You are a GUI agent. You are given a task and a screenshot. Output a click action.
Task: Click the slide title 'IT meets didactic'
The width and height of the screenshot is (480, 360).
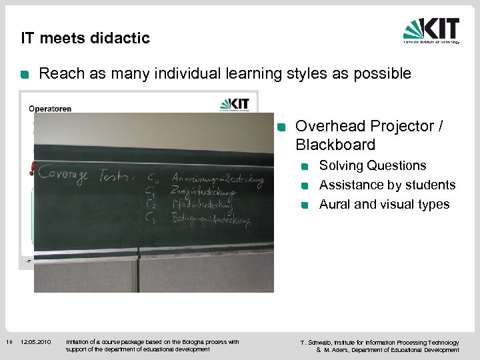click(x=85, y=39)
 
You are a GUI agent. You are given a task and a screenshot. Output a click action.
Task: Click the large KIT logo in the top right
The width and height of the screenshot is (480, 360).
click(x=431, y=31)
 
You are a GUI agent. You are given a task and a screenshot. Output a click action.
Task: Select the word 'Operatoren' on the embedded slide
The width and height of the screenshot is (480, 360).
click(x=50, y=109)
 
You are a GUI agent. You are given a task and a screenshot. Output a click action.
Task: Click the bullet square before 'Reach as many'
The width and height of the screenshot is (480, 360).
click(x=25, y=75)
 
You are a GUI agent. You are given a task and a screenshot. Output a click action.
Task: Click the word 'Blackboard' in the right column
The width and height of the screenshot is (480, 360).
click(x=335, y=145)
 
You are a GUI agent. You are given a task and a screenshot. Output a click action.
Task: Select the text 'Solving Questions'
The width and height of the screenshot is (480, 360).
click(x=373, y=165)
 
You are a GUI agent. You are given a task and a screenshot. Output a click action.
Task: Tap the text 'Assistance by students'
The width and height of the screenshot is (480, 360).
click(x=387, y=185)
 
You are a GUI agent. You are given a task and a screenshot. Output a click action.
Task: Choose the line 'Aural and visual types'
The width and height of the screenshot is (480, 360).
click(x=384, y=204)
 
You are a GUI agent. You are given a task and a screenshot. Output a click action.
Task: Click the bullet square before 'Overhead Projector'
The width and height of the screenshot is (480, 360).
click(x=281, y=127)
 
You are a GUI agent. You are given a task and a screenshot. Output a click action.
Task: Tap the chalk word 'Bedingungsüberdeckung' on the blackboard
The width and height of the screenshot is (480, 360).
click(x=210, y=221)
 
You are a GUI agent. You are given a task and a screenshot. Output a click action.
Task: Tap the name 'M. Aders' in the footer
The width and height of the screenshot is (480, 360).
click(x=337, y=350)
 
